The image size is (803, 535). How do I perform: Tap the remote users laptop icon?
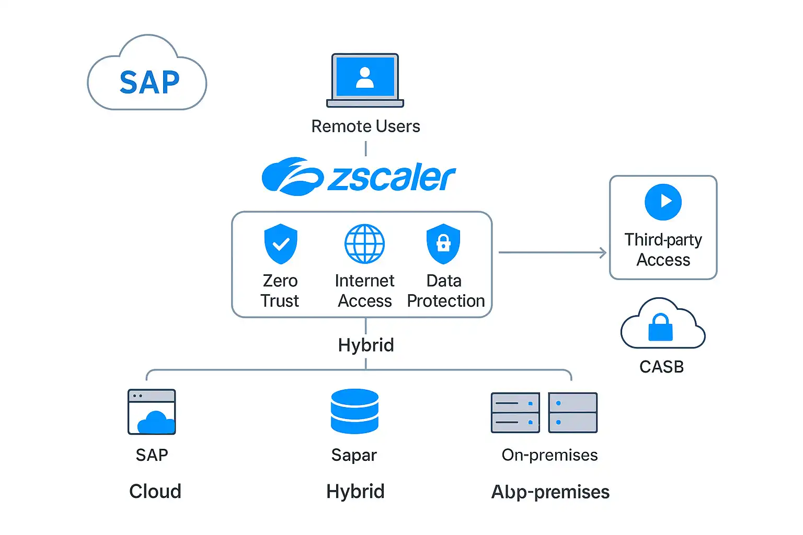[365, 80]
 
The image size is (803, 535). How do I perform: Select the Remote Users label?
[365, 126]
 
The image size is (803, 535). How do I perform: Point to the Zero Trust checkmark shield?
[281, 243]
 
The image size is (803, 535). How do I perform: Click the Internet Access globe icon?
[364, 243]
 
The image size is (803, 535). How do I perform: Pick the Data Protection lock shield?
[443, 243]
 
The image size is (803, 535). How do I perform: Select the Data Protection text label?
[445, 291]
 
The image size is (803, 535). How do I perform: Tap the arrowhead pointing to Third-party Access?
[603, 253]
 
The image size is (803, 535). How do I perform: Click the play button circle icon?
[663, 202]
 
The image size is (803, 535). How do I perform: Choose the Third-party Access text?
[663, 250]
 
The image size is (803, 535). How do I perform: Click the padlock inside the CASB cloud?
[661, 328]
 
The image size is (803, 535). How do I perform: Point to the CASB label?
[661, 367]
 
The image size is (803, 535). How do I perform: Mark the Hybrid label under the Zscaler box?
[366, 345]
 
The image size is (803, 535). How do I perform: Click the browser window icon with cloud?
[152, 412]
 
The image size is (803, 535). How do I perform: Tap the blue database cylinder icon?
[354, 411]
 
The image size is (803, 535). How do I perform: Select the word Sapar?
[354, 455]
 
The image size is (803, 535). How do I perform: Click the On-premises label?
[549, 455]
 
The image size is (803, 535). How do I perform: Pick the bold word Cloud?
[155, 491]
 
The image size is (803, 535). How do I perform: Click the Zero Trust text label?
[280, 291]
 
